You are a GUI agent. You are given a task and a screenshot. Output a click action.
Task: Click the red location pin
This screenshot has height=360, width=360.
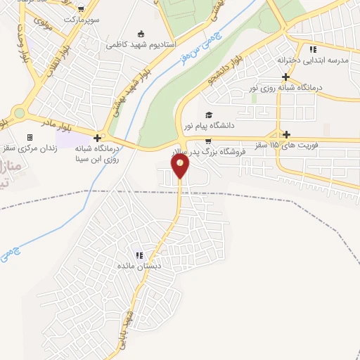point(181,166)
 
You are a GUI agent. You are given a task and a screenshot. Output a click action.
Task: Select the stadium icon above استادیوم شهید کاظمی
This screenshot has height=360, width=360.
point(141,33)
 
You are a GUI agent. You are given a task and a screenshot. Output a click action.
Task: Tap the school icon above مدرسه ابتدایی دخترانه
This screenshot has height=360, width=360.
point(313,49)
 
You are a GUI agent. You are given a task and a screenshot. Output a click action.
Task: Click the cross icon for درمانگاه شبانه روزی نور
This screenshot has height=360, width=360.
point(285,77)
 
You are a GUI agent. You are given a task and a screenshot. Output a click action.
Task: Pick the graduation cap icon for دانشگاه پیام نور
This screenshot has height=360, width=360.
point(207,115)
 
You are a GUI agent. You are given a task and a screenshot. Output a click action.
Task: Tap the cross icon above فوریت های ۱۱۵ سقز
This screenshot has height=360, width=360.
point(285,134)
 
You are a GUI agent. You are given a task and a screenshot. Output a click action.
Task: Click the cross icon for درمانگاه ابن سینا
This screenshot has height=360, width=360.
point(97,137)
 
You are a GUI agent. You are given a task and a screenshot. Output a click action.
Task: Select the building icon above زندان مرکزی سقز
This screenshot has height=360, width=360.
point(30,137)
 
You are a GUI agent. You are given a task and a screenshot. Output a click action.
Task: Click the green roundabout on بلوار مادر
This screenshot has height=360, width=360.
point(18,112)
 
